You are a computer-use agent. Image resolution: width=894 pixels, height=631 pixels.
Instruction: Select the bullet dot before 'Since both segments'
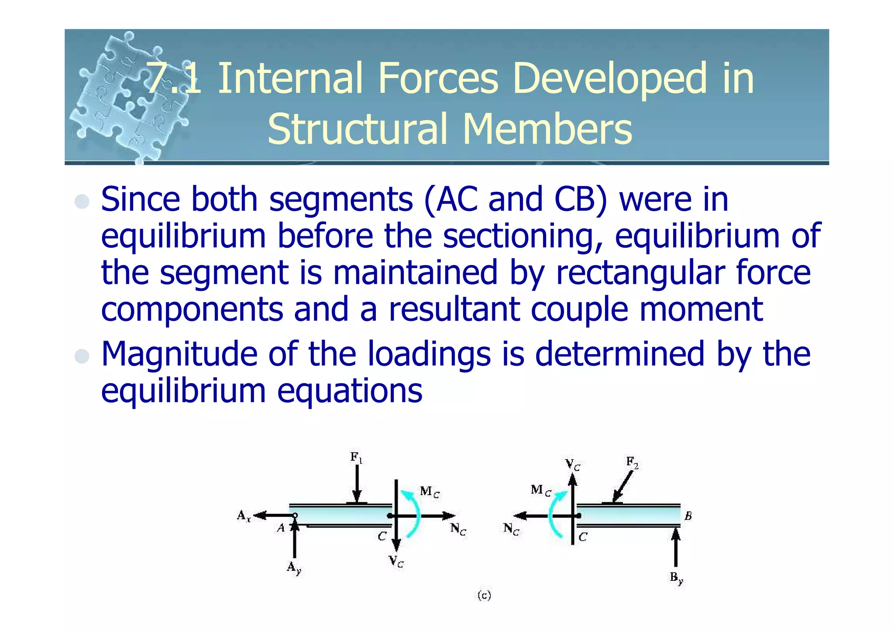[x=82, y=201]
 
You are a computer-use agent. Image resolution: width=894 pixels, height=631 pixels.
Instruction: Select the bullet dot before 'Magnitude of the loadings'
[x=82, y=356]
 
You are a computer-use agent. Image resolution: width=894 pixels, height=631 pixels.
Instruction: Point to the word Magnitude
[x=179, y=355]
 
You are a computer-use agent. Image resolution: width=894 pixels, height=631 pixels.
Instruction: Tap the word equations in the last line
[x=350, y=391]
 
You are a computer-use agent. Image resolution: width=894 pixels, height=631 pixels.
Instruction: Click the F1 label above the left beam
[x=356, y=457]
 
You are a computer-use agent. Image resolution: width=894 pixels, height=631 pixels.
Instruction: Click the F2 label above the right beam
[x=632, y=462]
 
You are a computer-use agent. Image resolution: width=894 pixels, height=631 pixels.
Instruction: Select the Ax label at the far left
[x=244, y=516]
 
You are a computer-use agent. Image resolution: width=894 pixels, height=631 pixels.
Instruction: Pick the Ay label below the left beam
[x=294, y=568]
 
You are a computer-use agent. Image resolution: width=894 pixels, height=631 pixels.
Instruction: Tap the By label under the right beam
[x=676, y=578]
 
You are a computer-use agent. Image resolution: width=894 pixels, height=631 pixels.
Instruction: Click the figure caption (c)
[x=484, y=595]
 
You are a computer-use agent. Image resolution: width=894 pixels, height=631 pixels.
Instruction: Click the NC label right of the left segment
[x=458, y=529]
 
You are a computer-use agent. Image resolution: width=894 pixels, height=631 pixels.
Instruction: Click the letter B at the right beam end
[x=688, y=516]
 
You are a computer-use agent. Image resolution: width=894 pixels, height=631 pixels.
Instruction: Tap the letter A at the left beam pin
[x=281, y=528]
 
